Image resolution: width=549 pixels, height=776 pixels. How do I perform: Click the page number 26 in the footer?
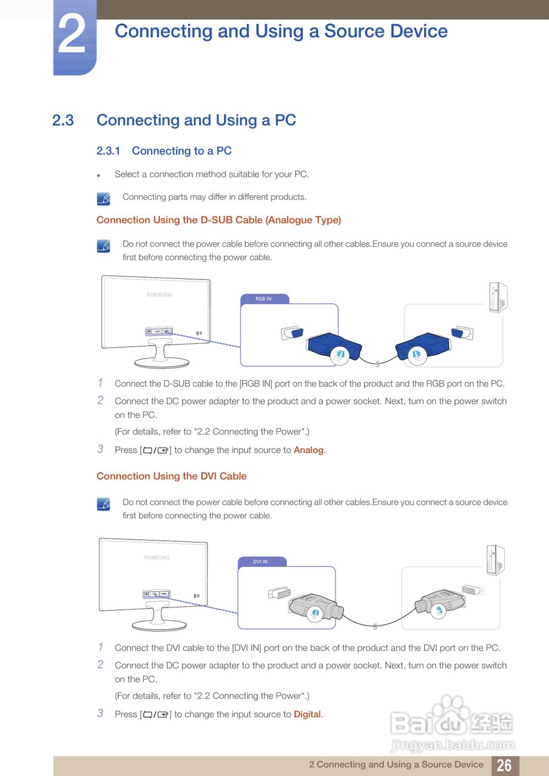505,765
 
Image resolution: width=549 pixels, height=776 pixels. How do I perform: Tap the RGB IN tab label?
263,299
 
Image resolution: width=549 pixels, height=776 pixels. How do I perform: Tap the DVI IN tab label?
260,561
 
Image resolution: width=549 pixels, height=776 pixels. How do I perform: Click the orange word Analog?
308,450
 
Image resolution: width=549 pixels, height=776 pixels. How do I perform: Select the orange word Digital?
307,714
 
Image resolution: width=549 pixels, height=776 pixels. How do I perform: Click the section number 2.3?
62,121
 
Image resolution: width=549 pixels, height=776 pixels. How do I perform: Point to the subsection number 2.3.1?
108,151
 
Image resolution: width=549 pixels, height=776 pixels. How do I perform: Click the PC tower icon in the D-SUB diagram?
498,297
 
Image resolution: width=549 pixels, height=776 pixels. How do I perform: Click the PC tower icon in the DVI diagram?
495,560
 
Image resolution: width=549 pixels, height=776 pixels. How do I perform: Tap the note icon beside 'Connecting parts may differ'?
103,199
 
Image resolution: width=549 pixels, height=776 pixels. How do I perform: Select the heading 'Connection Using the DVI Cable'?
172,477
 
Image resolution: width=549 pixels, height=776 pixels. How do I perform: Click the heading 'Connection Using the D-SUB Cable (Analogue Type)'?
219,220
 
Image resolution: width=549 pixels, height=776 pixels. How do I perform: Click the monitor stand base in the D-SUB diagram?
162,363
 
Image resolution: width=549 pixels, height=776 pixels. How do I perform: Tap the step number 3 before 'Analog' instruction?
100,449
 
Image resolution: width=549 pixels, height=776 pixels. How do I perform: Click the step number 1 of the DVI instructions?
100,647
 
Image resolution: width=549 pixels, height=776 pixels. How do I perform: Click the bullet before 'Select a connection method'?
99,176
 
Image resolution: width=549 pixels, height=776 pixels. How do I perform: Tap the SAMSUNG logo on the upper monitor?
159,295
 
